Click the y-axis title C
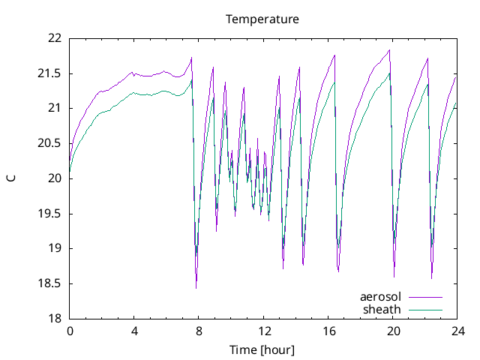coord(10,178)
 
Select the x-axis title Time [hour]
coord(262,350)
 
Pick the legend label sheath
coord(382,309)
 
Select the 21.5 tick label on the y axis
coord(50,73)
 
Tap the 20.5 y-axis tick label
coord(50,143)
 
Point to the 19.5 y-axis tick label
coord(50,214)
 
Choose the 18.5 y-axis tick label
coord(50,283)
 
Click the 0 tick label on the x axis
coord(70,331)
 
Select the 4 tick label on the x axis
coord(134,331)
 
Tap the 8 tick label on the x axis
coord(199,331)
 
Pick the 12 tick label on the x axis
coord(263,331)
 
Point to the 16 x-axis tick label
coord(328,331)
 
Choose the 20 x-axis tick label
coord(393,331)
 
